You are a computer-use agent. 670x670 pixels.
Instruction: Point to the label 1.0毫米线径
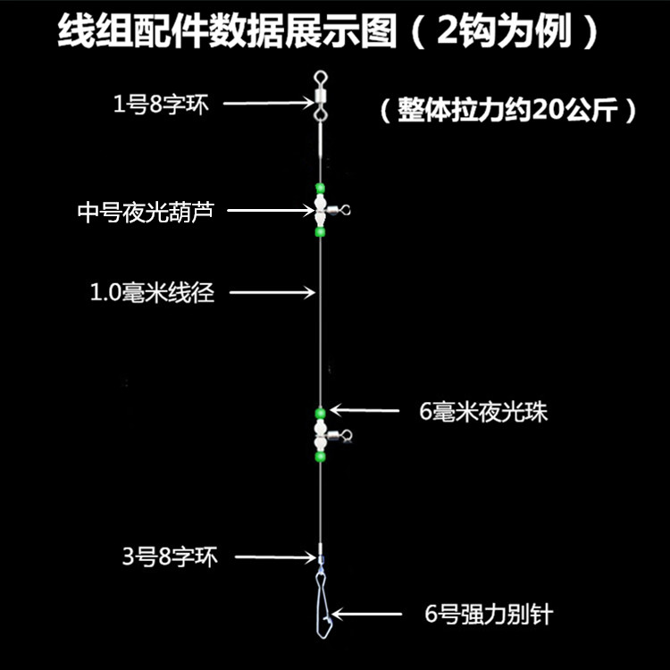(153, 291)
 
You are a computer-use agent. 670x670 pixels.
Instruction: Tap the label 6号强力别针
(492, 614)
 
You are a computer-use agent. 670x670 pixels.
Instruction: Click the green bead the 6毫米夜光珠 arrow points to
(320, 412)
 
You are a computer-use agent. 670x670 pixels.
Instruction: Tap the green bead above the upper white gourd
(319, 188)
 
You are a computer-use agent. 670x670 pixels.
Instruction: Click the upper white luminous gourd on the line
(319, 210)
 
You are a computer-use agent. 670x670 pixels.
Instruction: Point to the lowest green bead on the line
(320, 456)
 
